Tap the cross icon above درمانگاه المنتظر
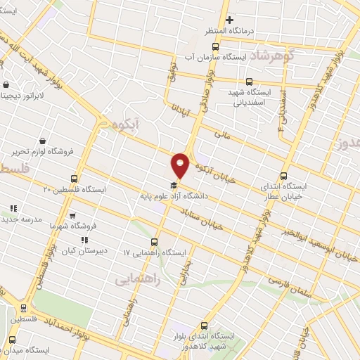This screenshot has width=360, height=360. point(229,20)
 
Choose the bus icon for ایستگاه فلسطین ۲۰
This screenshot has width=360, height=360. point(74,179)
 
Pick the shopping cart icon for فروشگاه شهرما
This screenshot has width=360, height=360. point(72,215)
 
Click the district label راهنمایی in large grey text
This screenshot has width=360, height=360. point(137,280)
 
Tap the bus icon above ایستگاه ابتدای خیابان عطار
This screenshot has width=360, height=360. point(284,176)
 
